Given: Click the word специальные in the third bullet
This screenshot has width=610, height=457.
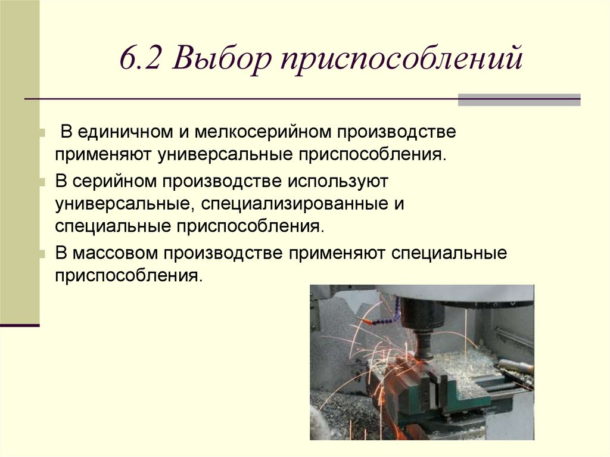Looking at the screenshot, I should (x=449, y=253).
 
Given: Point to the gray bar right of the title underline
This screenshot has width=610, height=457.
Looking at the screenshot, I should (x=519, y=100).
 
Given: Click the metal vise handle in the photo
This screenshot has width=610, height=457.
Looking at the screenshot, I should (x=515, y=365).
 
